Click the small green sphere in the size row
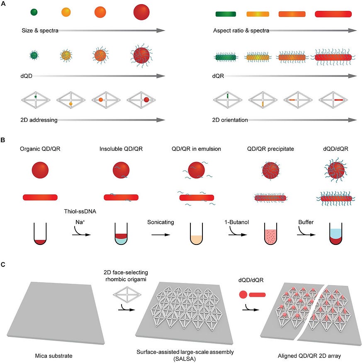tap(34, 12)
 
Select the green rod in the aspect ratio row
tap(226, 14)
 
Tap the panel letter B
tap(3, 140)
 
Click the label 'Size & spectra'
tap(40, 30)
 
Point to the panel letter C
tap(3, 264)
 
